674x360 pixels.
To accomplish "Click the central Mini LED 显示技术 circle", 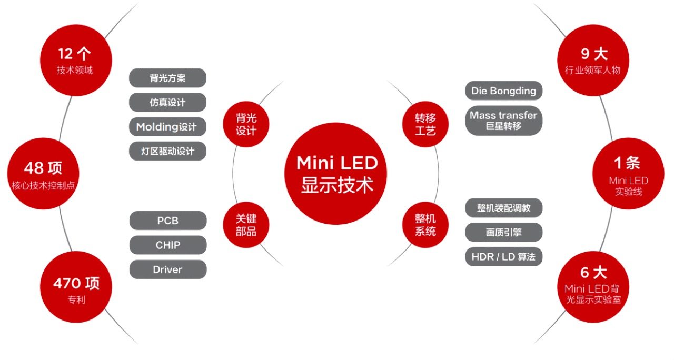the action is point(336,174).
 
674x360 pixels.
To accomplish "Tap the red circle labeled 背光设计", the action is point(246,124).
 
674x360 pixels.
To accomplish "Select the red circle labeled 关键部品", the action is point(246,225).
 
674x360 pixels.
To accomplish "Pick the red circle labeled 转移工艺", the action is point(425,124).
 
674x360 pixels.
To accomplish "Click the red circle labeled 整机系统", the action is point(425,225).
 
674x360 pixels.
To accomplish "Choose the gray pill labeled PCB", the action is point(168,221).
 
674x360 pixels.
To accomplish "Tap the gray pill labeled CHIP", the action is point(168,245).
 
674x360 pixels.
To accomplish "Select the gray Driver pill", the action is point(168,269).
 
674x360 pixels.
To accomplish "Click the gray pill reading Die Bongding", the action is point(504,91).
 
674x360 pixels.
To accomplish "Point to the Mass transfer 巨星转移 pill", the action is point(504,121).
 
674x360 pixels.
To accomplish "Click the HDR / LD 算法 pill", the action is point(504,256).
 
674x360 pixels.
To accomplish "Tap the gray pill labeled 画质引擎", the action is point(504,232).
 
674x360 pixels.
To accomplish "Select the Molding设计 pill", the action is point(167,127).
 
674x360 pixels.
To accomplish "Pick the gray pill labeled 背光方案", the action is point(167,78).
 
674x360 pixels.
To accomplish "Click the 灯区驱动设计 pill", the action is point(167,151).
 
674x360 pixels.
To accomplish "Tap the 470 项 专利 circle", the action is point(76,287).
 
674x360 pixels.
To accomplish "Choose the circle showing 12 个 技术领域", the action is point(76,60).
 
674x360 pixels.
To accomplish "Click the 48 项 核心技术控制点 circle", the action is point(43,174).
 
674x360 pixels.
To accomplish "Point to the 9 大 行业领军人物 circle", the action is point(593,60).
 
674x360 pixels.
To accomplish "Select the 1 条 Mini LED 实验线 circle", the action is point(628,174).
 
